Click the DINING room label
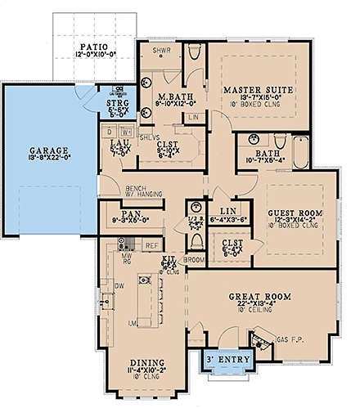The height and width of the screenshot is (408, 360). pyautogui.click(x=147, y=361)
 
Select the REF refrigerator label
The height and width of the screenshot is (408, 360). pyautogui.click(x=151, y=244)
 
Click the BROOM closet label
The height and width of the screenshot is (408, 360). pyautogui.click(x=193, y=259)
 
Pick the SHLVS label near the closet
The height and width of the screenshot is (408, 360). pyautogui.click(x=149, y=137)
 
